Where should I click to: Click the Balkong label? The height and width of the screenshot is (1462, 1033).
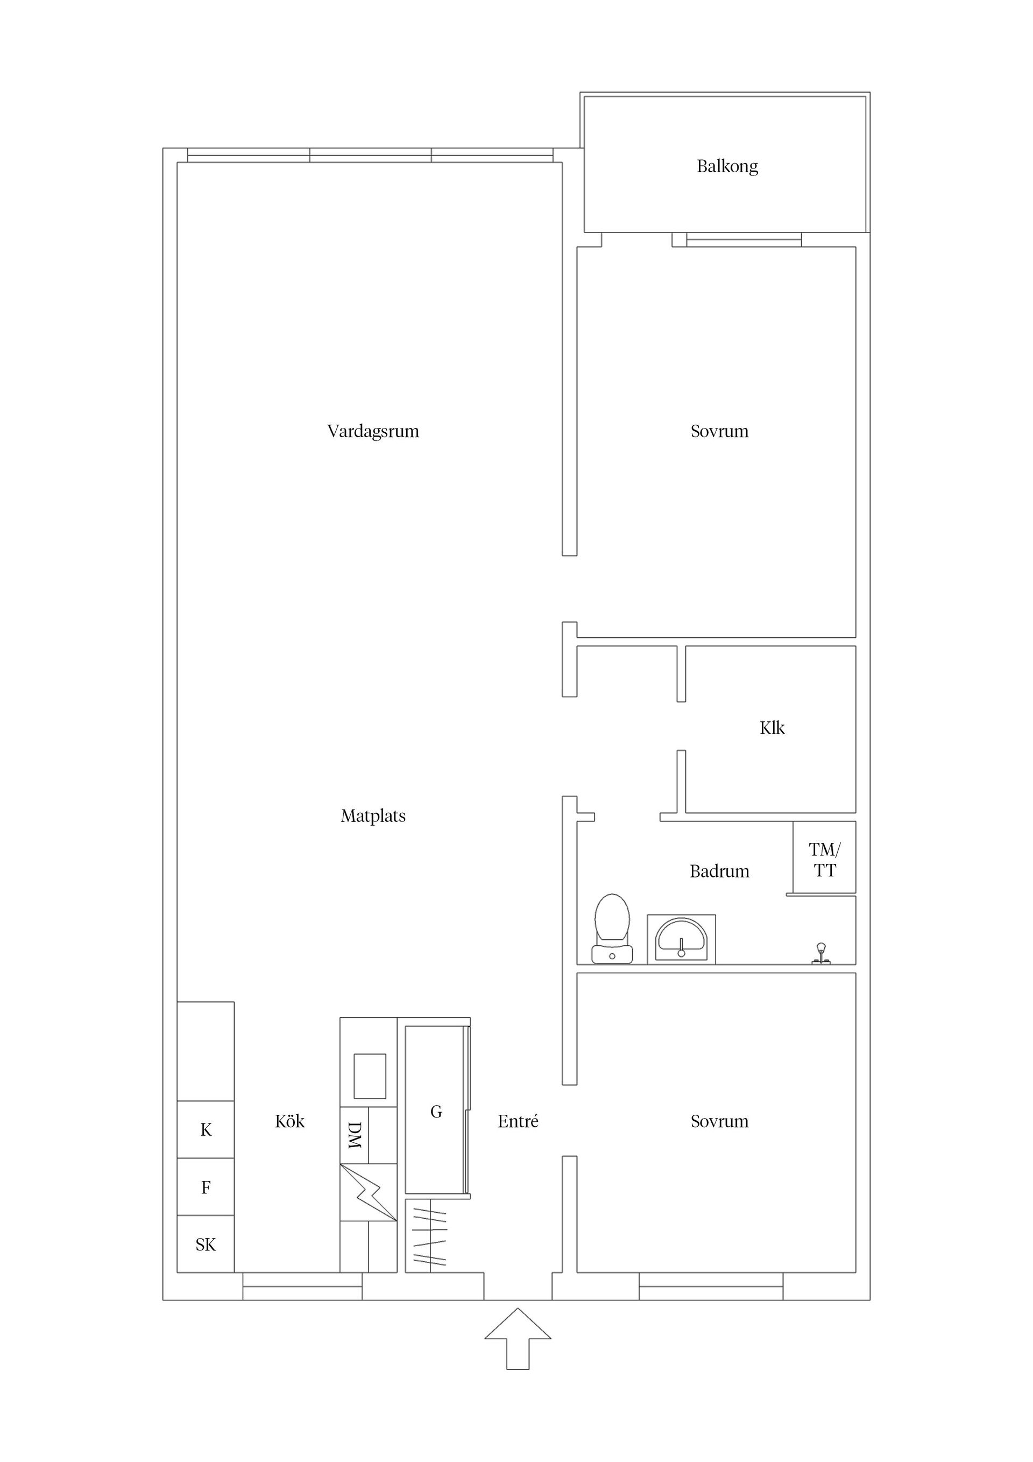click(x=727, y=167)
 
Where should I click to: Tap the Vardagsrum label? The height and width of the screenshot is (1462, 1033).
click(x=373, y=432)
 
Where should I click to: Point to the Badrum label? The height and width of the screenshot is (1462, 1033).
click(x=719, y=871)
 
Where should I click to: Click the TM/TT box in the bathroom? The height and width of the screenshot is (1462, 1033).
click(x=824, y=860)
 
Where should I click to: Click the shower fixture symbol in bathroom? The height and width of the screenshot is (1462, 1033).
click(x=821, y=953)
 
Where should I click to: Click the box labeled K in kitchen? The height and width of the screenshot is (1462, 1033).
click(x=206, y=1130)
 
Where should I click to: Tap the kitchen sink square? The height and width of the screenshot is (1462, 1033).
click(x=370, y=1076)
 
